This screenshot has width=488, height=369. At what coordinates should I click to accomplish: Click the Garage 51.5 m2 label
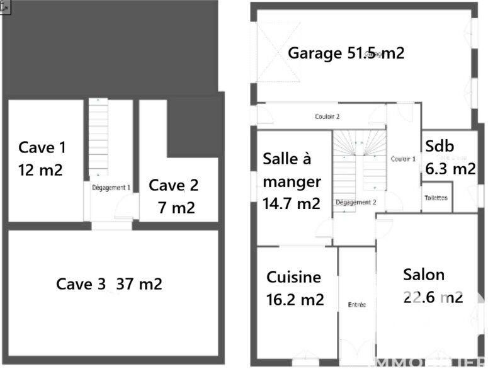[x=346, y=53]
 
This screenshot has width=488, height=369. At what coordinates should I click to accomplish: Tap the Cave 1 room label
[x=42, y=158]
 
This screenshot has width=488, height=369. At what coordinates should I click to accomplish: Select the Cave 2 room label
[x=174, y=196]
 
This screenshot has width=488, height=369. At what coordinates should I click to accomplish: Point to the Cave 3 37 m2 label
[x=109, y=284]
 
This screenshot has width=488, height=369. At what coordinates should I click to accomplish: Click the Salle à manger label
[x=292, y=181]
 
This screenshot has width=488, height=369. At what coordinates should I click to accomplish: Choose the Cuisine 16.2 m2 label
[x=295, y=288]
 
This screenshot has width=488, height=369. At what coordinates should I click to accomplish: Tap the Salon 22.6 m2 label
[x=433, y=285]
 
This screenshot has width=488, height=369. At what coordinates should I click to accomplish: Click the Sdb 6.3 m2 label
[x=450, y=157]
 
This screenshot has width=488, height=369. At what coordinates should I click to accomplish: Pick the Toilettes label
[x=436, y=198]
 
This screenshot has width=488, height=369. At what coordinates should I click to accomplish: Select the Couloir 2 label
[x=327, y=116]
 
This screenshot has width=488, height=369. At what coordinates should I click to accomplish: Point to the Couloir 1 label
[x=403, y=159]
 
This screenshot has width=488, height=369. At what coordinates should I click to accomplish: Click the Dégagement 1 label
[x=111, y=187]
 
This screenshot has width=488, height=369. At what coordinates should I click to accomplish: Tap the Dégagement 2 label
[x=356, y=202]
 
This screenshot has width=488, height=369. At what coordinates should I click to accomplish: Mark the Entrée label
[x=356, y=305]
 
